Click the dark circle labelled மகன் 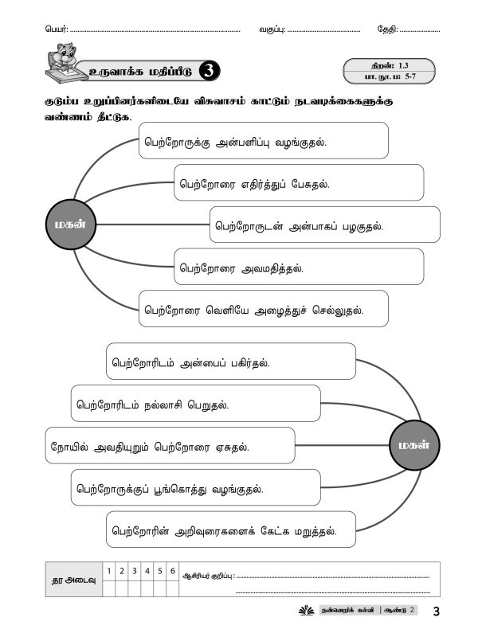click(67, 225)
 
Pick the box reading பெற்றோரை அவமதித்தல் click(299, 267)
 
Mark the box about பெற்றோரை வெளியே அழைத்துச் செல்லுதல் click(264, 309)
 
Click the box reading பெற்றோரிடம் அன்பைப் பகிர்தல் click(230, 361)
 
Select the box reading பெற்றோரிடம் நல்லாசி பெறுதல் click(195, 404)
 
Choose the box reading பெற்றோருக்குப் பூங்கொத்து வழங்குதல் click(195, 487)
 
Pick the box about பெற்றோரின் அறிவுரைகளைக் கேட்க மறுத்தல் click(230, 530)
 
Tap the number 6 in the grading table click(171, 571)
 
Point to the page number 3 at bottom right click(437, 612)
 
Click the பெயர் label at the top click(57, 29)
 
